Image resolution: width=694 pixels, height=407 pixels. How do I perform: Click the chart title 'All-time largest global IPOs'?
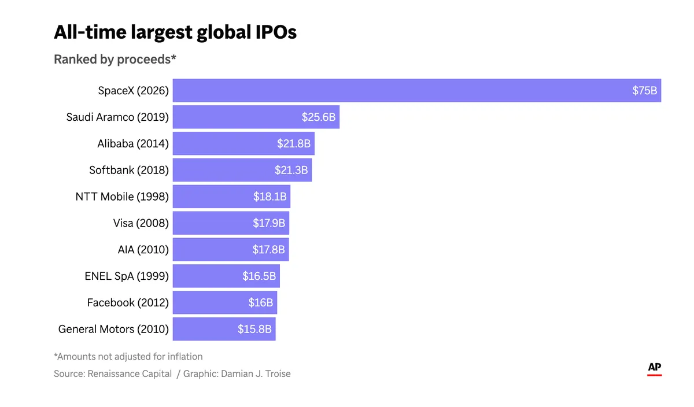[x=175, y=32]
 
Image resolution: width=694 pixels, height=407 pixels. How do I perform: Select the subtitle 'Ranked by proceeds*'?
[x=115, y=59]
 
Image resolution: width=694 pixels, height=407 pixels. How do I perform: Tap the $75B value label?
[x=644, y=90]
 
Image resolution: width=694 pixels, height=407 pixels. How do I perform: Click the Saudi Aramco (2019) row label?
[x=117, y=117]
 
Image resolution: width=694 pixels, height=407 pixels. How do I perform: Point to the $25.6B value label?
[x=319, y=117]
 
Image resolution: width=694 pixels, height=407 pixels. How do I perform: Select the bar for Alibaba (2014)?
[x=243, y=143]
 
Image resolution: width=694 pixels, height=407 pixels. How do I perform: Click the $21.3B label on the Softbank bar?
[x=291, y=170]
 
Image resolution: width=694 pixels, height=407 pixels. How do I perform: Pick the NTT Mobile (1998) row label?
[x=122, y=197]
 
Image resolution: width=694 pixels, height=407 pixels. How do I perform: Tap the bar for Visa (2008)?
[x=231, y=223]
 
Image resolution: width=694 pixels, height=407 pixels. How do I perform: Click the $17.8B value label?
[x=268, y=250]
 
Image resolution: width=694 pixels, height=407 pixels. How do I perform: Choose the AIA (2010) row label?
[x=143, y=250]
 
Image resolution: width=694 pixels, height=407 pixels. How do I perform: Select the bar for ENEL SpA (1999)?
[x=226, y=276]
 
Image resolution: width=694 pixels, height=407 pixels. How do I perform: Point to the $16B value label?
[x=261, y=302]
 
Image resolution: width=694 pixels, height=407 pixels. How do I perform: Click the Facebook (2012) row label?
[x=128, y=302]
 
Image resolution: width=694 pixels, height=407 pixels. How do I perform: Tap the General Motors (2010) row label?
[x=113, y=329]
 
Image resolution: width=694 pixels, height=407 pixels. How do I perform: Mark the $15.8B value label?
[x=254, y=329]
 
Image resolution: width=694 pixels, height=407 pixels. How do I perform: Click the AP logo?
[x=654, y=369]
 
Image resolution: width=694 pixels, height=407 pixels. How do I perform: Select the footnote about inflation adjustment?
[x=128, y=357]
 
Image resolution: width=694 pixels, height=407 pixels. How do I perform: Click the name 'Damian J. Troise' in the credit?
[x=256, y=374]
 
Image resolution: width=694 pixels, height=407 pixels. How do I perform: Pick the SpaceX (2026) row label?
[x=133, y=90]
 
